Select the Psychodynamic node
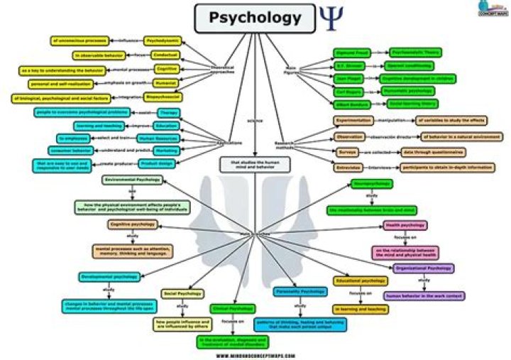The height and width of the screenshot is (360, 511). point(162,41)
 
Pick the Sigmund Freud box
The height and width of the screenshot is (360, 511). point(353,53)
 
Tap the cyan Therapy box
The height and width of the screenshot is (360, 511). point(167,112)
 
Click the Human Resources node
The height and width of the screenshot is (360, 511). point(158,138)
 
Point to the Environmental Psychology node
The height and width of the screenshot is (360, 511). point(131,180)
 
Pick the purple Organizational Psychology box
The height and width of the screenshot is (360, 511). point(423,269)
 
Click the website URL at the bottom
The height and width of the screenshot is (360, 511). point(255,355)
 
